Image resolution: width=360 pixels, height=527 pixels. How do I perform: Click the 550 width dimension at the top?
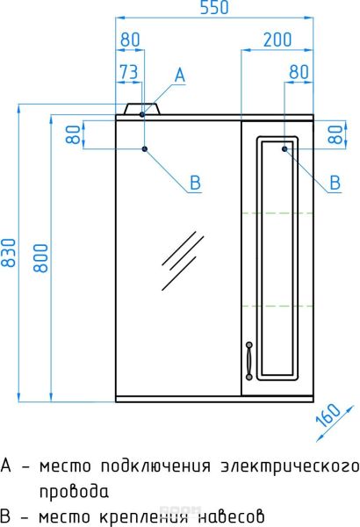tap(214, 7)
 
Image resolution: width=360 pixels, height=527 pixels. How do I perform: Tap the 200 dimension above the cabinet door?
tap(277, 40)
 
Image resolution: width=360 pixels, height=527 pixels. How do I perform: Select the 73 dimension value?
tap(129, 72)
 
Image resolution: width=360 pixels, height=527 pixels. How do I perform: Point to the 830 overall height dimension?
tap(9, 253)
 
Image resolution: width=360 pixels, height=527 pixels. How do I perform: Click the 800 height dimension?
tap(41, 257)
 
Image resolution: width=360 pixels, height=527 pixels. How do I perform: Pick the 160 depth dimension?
tap(328, 415)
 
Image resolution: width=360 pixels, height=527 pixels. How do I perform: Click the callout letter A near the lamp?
tap(180, 75)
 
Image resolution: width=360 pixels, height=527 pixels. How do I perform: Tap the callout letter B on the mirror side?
tap(195, 183)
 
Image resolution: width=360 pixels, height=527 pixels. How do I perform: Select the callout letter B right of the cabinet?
tap(335, 183)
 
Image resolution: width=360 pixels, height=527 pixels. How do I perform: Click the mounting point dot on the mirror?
tap(145, 148)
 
